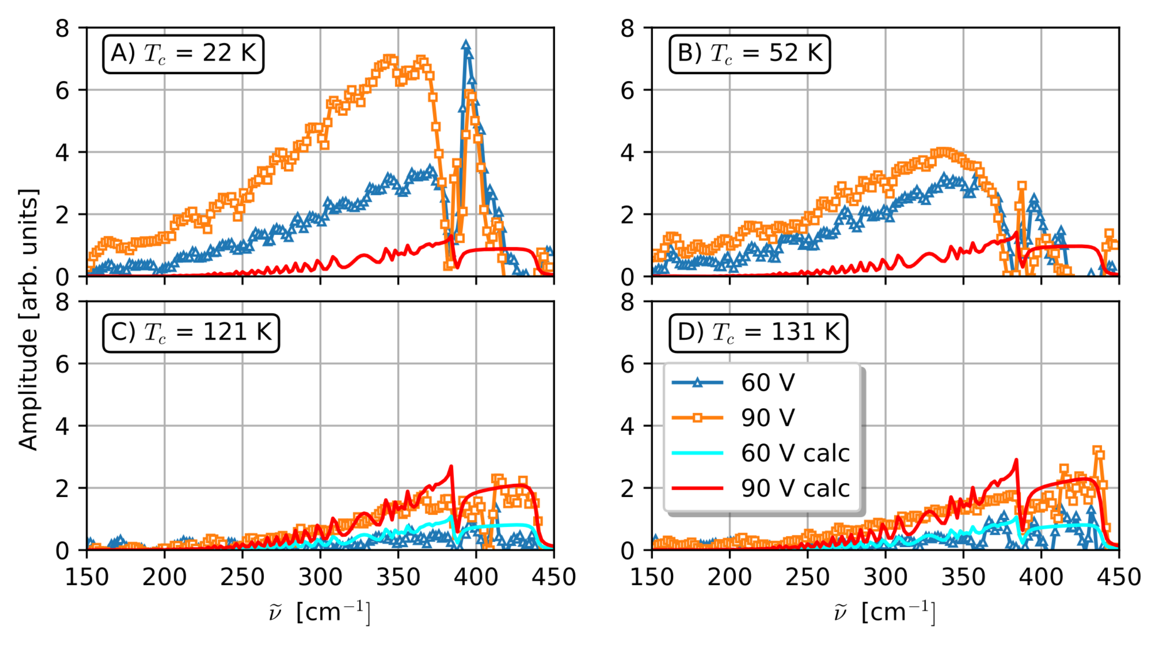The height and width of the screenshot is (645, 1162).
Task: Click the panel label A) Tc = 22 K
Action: (183, 54)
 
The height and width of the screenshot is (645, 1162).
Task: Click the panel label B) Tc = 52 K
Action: (749, 54)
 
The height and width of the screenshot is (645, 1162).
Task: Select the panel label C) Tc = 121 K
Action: (191, 333)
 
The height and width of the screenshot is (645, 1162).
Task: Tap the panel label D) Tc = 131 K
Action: (758, 333)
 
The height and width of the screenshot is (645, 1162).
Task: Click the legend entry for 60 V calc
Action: (795, 453)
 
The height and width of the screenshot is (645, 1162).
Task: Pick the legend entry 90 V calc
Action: (795, 489)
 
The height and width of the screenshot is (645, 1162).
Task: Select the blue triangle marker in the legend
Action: (697, 383)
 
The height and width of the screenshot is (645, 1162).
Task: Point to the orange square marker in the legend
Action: (697, 418)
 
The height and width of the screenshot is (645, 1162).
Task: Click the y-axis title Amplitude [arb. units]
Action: (28, 320)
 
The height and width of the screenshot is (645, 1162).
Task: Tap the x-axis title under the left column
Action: (320, 612)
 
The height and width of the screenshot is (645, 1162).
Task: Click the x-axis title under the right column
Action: (885, 612)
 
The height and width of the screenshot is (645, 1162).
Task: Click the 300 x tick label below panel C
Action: (320, 577)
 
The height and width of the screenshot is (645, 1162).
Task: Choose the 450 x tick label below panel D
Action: (1118, 577)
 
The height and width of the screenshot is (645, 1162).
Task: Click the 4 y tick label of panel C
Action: (62, 426)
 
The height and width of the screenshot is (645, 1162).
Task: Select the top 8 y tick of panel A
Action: (62, 28)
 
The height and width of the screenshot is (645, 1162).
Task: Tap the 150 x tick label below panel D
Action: (652, 577)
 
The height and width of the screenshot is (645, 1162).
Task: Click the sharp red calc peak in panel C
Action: (451, 466)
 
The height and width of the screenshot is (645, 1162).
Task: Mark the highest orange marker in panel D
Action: (1097, 451)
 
